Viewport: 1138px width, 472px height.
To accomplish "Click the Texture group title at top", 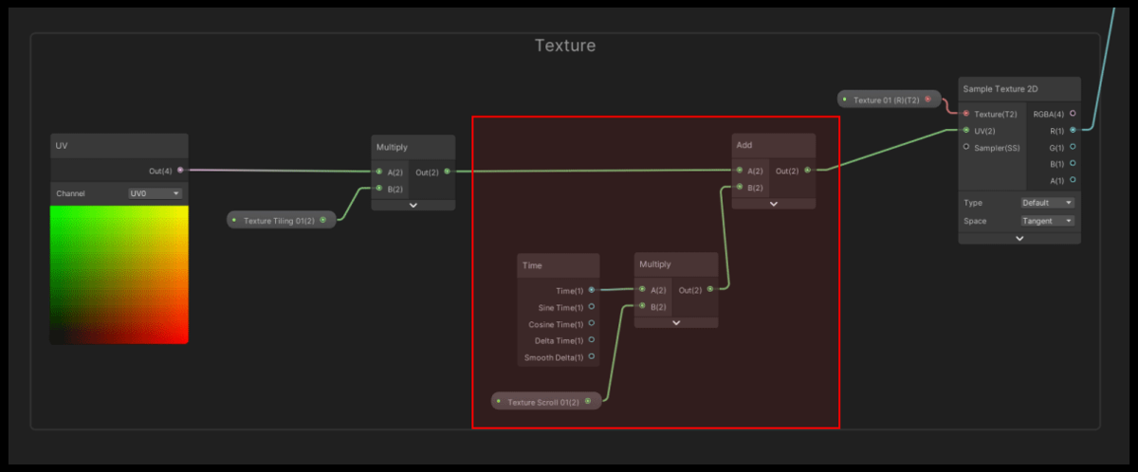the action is click(565, 45).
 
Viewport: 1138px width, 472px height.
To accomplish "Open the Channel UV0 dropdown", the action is click(155, 193).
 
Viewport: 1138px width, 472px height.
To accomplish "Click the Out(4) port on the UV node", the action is click(180, 170).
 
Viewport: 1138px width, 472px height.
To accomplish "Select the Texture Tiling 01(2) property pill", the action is click(281, 220).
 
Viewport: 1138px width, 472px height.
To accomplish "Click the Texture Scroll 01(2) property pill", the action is click(546, 402).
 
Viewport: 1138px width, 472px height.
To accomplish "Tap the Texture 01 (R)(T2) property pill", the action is click(889, 100).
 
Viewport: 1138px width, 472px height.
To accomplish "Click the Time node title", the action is click(532, 265).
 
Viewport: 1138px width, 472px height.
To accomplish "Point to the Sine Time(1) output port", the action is click(592, 306).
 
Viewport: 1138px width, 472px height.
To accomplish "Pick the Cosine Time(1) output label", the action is click(556, 324).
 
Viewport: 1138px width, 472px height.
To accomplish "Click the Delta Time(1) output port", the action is click(592, 340).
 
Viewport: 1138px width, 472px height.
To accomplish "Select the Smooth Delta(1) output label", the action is click(554, 358).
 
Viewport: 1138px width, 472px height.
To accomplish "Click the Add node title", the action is click(744, 145).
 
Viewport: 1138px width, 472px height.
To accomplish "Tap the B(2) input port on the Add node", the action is click(740, 187).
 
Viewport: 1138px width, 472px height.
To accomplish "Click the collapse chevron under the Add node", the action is click(774, 204).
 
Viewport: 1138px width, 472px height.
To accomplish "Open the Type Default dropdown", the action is click(1047, 203).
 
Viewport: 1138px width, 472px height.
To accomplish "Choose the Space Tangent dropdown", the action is click(1047, 221).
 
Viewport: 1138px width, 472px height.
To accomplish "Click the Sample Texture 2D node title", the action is click(1000, 89).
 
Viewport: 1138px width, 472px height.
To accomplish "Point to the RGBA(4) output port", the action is click(1073, 113).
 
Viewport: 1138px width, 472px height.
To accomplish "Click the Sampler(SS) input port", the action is click(966, 147).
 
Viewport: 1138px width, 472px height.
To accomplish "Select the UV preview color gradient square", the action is click(119, 275).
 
